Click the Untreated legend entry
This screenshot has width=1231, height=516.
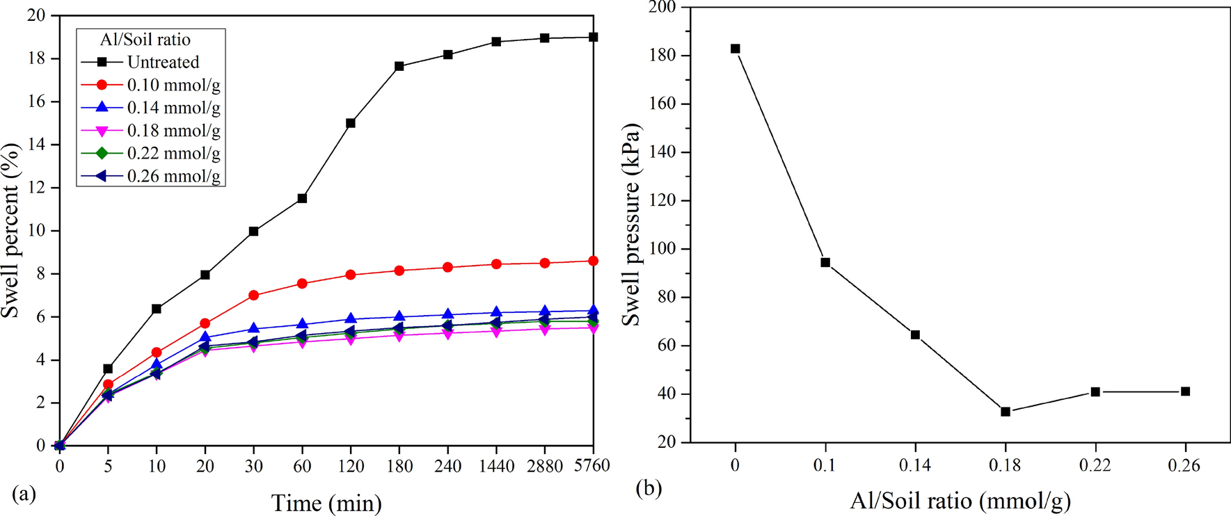163,62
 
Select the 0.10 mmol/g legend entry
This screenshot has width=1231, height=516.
173,85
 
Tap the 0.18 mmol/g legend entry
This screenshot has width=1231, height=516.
173,131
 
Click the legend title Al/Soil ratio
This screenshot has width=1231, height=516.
145,40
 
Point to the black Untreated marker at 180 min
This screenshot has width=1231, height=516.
399,66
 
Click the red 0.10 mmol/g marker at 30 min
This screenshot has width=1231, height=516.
253,295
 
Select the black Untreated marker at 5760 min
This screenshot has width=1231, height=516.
593,37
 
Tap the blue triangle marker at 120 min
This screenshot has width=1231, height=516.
351,319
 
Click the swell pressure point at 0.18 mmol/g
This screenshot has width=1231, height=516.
1006,412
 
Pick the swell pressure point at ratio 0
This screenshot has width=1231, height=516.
736,49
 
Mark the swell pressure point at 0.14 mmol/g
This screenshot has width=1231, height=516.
915,334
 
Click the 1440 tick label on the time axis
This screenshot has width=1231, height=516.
496,466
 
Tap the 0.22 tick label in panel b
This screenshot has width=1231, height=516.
1095,464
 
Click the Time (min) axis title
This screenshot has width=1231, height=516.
326,503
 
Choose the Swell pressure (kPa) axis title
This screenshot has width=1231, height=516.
630,225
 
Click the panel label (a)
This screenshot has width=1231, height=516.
24,494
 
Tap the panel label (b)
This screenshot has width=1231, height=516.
649,488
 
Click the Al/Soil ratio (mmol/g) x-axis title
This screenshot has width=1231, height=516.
960,500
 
